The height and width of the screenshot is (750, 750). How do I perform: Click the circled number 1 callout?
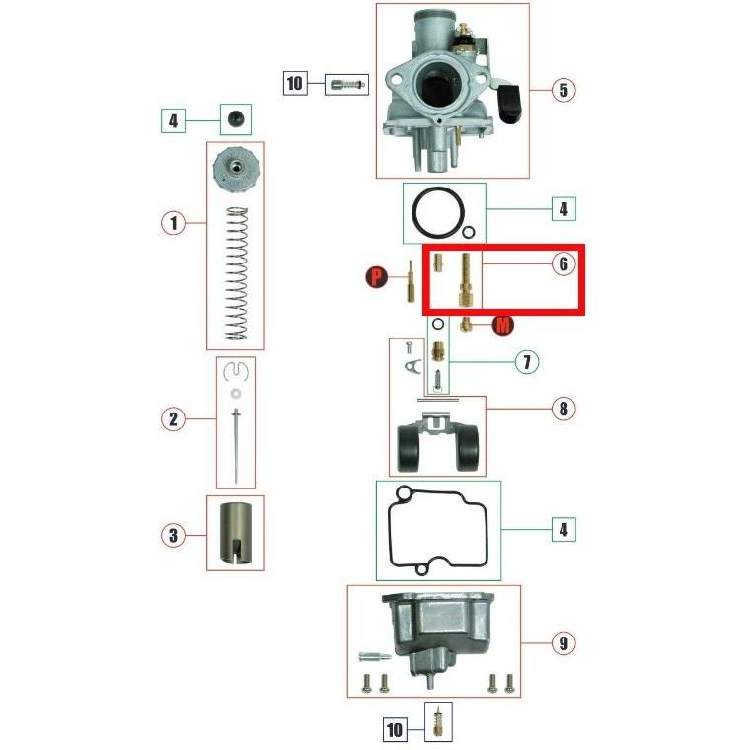pos(173,223)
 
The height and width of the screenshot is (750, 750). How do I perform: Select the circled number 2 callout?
pos(173,419)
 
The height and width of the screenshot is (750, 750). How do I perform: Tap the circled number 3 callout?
pos(173,536)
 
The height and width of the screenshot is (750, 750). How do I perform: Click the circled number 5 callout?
pos(562,90)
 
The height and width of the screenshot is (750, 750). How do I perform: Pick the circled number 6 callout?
pos(562,264)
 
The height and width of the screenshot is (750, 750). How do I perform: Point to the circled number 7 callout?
pos(527,362)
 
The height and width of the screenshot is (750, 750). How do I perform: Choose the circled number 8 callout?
pos(562,409)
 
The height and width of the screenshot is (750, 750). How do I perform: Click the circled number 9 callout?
pos(562,643)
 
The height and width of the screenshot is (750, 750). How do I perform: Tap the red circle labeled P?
pos(376,279)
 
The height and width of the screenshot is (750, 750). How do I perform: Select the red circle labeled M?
pos(502,326)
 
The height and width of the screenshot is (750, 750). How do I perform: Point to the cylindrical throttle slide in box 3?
pos(235,534)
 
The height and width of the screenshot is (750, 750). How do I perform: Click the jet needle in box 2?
pos(236,444)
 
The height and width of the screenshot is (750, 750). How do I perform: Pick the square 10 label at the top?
pos(295,83)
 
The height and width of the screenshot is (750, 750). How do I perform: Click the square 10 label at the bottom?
pos(395,729)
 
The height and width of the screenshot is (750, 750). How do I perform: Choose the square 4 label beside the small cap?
pos(173,121)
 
